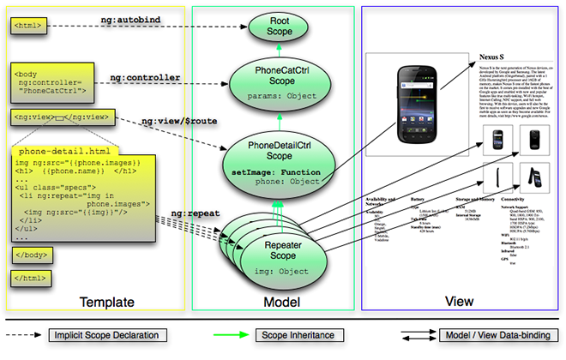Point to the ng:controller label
[146, 78]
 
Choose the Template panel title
[107, 302]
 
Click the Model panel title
[274, 302]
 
